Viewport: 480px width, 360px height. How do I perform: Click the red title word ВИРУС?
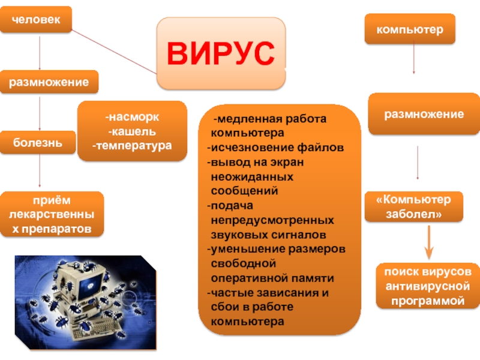(220, 53)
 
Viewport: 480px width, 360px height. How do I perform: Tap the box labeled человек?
(36, 19)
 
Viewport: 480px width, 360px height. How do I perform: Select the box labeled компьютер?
(410, 29)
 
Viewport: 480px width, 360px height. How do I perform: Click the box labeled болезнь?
(38, 142)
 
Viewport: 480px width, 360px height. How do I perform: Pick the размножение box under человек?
(49, 82)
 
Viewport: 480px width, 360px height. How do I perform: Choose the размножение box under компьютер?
(424, 114)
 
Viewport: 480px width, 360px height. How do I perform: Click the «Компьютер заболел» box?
(413, 206)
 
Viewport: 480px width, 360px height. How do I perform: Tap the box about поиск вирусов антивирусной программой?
(428, 286)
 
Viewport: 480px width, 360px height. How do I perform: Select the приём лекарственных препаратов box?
(52, 214)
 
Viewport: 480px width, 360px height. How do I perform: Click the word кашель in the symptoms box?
(132, 131)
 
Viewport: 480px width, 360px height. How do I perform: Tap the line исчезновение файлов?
(275, 148)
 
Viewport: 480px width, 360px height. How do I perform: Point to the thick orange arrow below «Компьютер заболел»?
(429, 242)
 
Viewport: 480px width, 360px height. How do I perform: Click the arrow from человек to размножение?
(40, 53)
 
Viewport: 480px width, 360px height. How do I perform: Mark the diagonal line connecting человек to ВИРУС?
(114, 52)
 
